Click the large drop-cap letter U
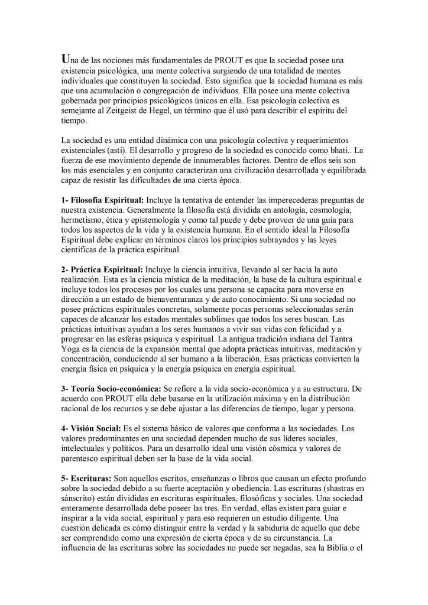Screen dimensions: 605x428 pos(66,59)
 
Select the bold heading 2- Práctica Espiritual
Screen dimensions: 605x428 pos(102,269)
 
